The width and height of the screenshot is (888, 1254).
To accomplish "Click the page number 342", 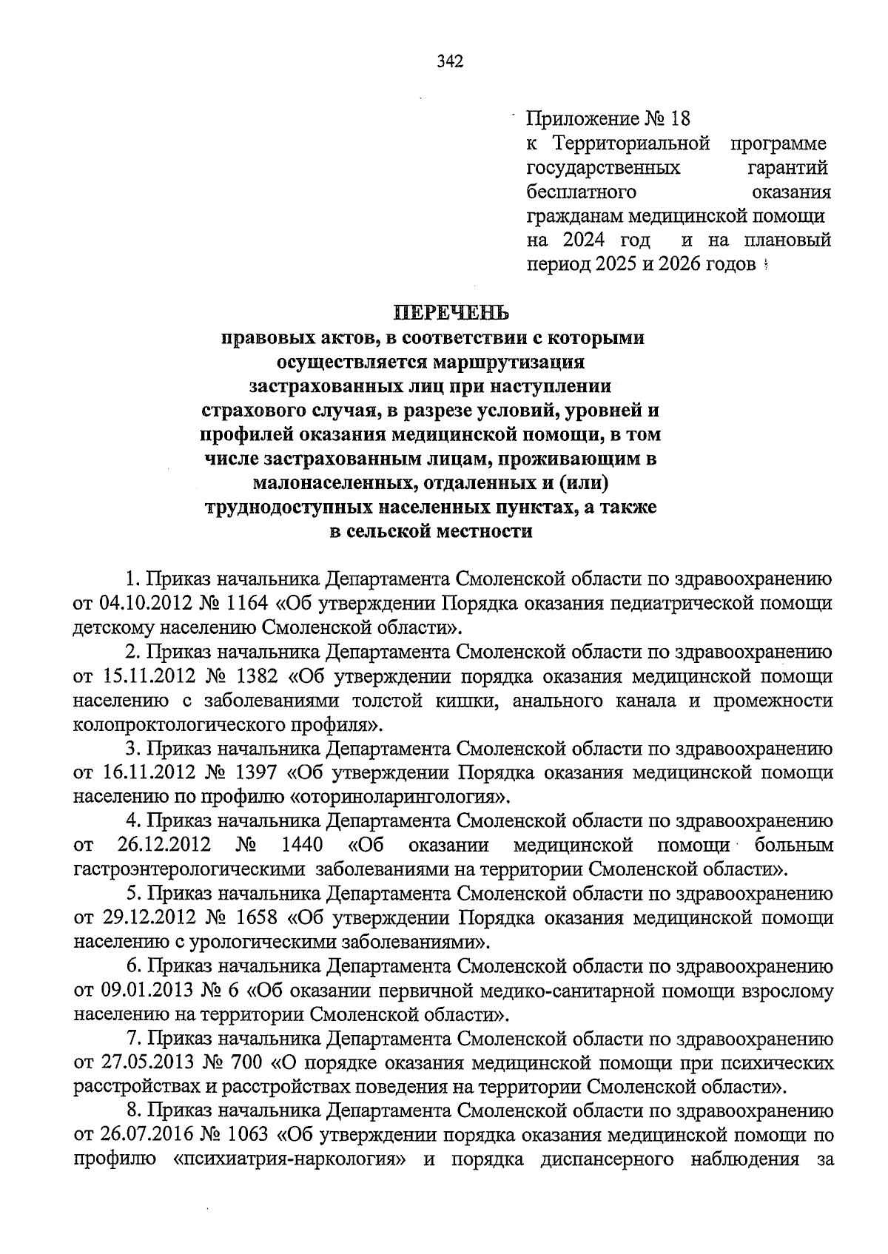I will pyautogui.click(x=449, y=62).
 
